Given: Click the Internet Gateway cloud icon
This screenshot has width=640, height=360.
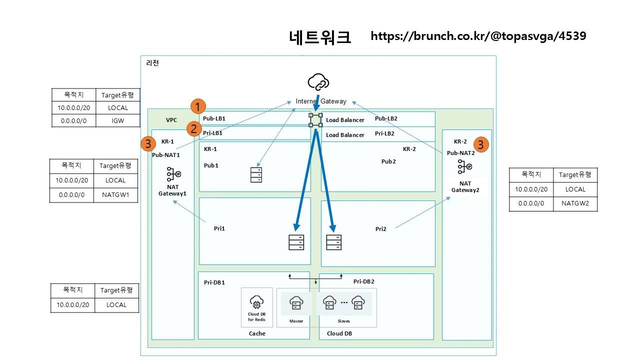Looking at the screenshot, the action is [x=318, y=82].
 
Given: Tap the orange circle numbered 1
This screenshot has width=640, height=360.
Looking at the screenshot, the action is [x=198, y=106].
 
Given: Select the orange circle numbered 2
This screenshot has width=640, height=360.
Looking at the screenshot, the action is [x=194, y=129].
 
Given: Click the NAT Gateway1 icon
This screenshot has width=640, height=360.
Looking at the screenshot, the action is [x=173, y=174].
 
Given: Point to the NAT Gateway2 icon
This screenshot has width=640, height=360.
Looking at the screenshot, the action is [x=465, y=166].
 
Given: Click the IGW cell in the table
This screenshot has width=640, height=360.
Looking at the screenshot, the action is [x=117, y=121].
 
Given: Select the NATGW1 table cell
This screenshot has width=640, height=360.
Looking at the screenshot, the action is [x=115, y=195].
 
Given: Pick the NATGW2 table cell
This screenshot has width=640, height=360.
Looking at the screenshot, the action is [x=575, y=203].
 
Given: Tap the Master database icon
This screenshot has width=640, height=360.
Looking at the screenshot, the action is [x=296, y=303].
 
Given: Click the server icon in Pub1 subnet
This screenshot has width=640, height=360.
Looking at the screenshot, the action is [x=256, y=175].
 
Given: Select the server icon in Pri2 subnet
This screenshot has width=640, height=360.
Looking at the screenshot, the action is [x=333, y=242].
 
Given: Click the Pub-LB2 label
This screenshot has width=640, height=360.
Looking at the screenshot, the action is [x=386, y=118].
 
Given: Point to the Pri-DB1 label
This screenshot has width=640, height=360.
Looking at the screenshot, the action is [x=214, y=282].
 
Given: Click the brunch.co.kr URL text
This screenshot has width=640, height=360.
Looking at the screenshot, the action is [x=478, y=36].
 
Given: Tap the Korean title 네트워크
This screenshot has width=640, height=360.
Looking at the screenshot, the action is [x=319, y=37].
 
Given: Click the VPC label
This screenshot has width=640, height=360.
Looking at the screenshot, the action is [x=171, y=120].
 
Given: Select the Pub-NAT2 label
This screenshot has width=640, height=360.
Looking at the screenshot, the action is [x=460, y=153].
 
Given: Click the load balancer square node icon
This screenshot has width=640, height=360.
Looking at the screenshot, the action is [x=315, y=120].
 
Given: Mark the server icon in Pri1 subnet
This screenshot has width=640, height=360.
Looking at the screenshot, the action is [x=296, y=242].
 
